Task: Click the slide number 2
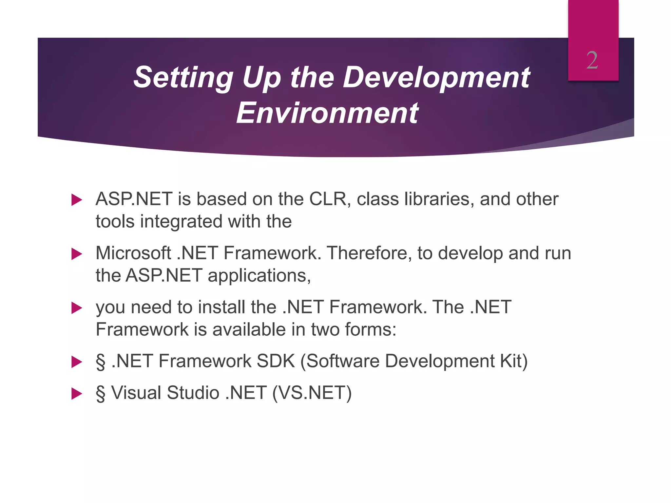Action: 592,61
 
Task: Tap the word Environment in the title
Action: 327,113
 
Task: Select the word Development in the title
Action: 436,78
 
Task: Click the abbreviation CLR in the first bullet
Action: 328,199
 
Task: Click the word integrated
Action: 182,222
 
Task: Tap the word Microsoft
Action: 133,253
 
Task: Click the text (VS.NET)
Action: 312,393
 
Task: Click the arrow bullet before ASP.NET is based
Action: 76,200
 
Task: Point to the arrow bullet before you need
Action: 76,308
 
